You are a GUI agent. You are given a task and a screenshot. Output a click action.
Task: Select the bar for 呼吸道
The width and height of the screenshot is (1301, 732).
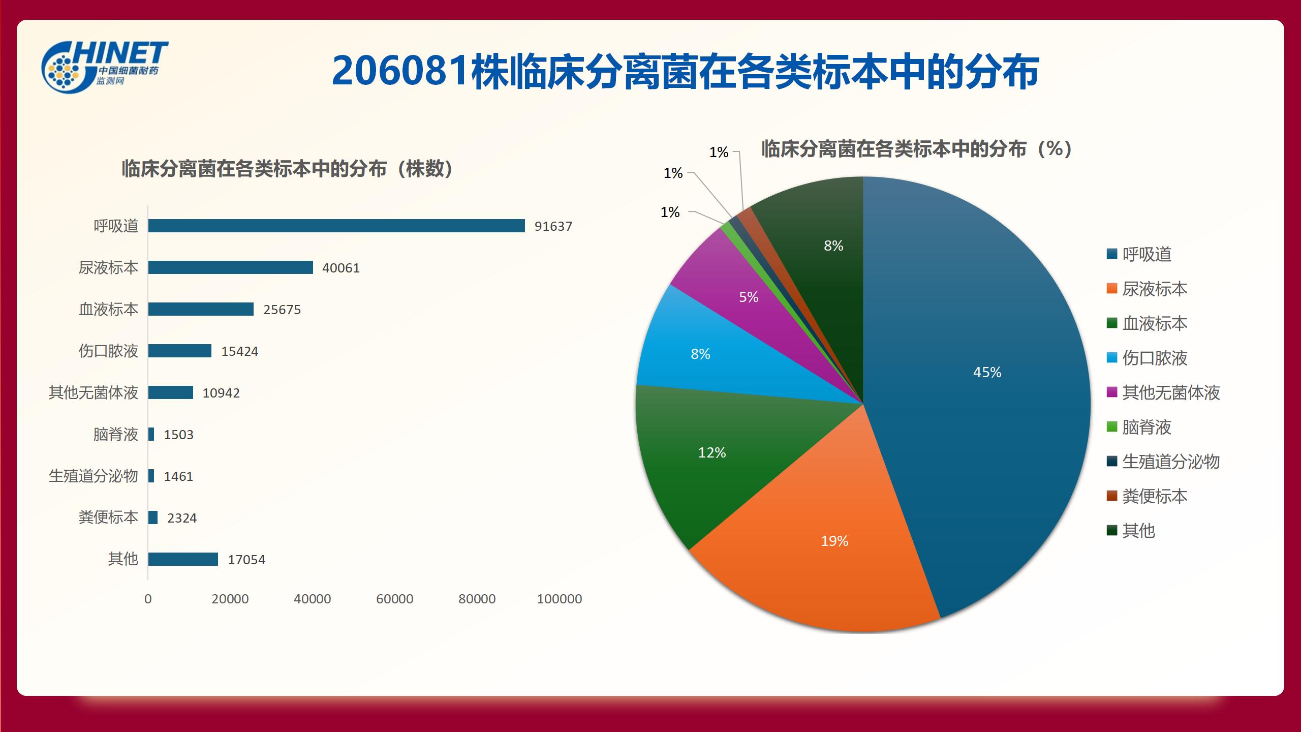click(336, 226)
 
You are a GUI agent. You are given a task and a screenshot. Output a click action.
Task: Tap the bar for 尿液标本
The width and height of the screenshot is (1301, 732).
click(230, 267)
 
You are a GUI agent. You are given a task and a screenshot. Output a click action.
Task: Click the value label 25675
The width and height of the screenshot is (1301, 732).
click(282, 310)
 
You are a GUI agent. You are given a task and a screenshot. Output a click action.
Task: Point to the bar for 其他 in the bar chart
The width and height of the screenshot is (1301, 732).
click(183, 559)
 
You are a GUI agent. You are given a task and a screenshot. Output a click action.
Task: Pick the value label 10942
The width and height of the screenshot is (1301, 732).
click(221, 393)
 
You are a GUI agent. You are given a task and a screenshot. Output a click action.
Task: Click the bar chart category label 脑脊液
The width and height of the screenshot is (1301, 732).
click(115, 435)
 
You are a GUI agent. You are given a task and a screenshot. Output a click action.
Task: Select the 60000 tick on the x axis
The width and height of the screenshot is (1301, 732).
click(394, 599)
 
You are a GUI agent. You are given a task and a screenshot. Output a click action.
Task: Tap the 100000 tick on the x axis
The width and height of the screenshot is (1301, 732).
click(559, 599)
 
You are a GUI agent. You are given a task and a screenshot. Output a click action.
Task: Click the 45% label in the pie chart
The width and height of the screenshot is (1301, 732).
click(987, 372)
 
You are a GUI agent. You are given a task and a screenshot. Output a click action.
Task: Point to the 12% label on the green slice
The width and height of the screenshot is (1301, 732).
click(711, 452)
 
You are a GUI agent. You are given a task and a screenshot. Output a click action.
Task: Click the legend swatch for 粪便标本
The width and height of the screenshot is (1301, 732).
click(1112, 496)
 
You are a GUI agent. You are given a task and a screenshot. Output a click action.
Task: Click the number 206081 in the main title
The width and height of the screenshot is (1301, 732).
click(399, 71)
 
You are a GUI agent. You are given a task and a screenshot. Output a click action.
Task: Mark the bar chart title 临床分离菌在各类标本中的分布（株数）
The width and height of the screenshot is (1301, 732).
click(288, 169)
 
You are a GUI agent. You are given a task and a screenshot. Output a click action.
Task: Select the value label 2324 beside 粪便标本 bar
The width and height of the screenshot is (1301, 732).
click(182, 518)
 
